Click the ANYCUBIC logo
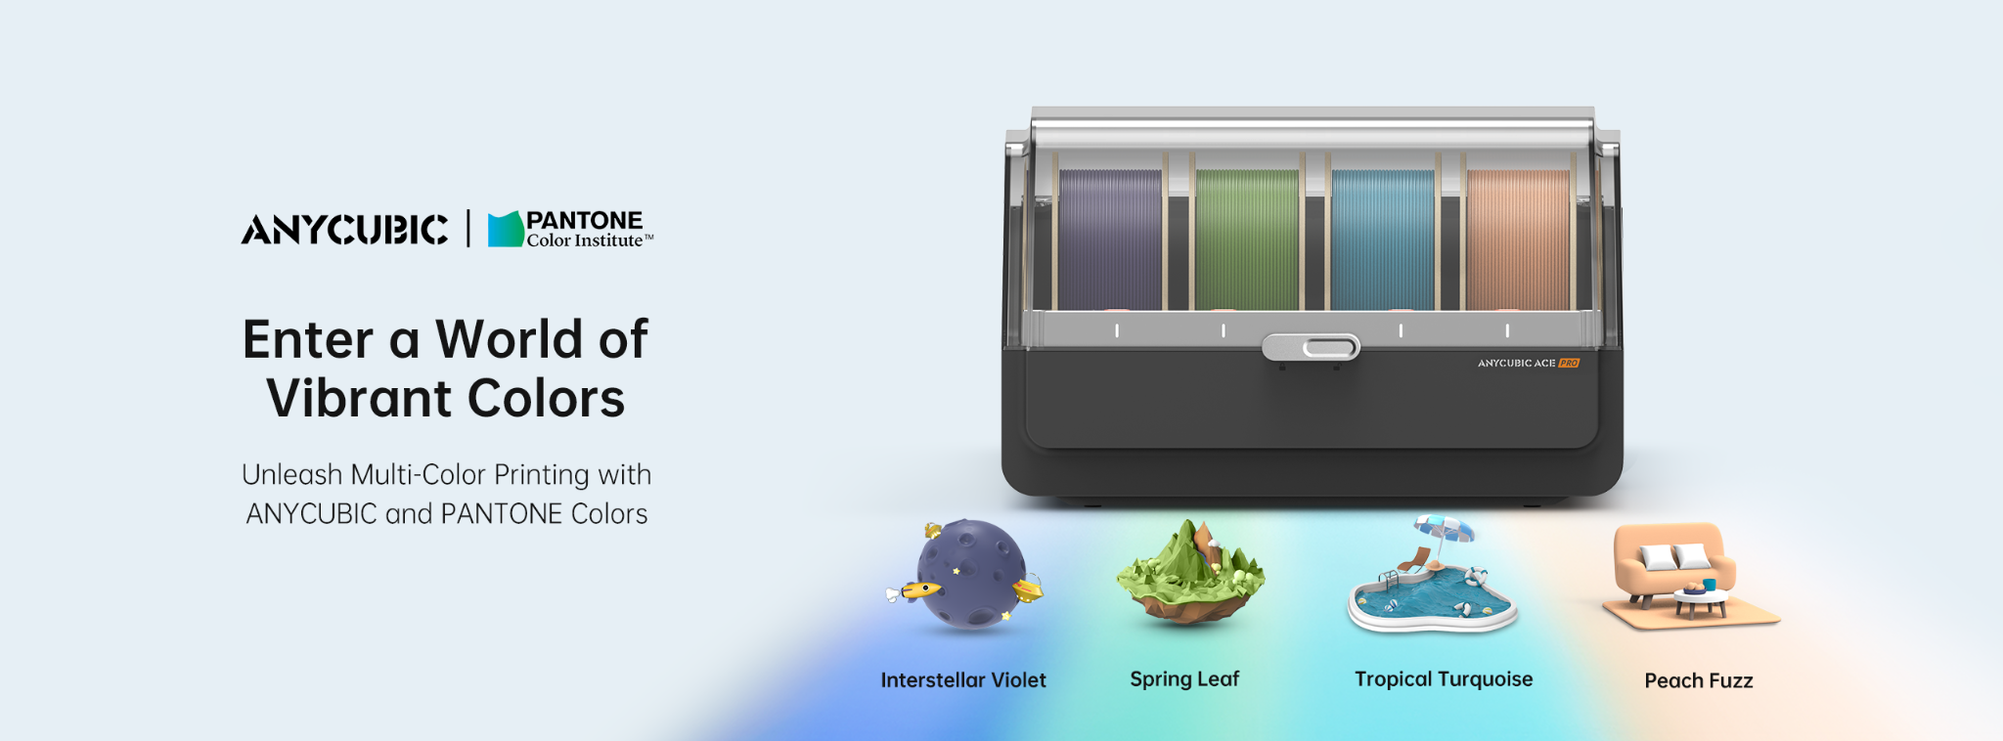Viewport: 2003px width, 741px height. click(x=344, y=230)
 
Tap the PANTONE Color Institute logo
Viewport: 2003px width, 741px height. click(x=570, y=229)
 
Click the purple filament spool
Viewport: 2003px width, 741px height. click(x=1110, y=240)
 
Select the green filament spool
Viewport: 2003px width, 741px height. click(x=1247, y=240)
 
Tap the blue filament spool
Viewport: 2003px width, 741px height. click(x=1383, y=240)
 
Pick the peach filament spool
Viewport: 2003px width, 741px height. click(x=1518, y=240)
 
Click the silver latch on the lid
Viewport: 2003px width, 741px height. click(x=1311, y=347)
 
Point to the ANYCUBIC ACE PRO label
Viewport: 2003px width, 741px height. click(x=1529, y=363)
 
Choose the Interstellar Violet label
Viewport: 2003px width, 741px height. click(x=963, y=680)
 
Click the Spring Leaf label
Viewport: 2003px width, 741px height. click(x=1184, y=679)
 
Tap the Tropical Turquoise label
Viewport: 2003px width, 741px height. click(x=1444, y=679)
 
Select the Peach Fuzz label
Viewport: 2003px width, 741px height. click(x=1699, y=680)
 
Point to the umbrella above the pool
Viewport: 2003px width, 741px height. click(x=1445, y=534)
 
